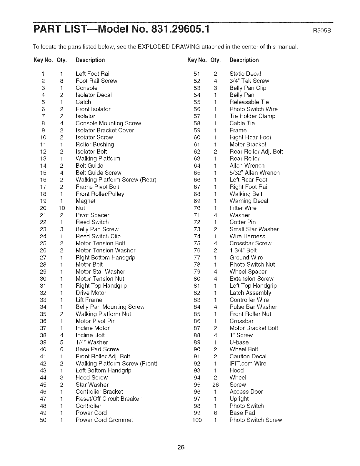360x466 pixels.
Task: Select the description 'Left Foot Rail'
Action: pos(93,74)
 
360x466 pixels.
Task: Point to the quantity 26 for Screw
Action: pos(216,385)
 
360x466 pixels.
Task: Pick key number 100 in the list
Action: pos(197,420)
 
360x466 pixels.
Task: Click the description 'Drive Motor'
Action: pos(91,293)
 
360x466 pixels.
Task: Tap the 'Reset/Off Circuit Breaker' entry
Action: pos(108,399)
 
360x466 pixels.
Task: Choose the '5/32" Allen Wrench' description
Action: pos(254,173)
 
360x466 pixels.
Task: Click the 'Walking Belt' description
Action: pos(246,194)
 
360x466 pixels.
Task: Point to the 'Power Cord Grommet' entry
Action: pos(104,420)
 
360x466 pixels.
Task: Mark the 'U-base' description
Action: pos(239,342)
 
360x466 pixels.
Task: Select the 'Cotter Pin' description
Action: pos(243,222)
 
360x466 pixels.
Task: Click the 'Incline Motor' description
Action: pos(92,328)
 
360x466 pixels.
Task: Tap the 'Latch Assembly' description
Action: pos(250,293)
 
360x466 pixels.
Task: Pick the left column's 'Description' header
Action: pos(90,60)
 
